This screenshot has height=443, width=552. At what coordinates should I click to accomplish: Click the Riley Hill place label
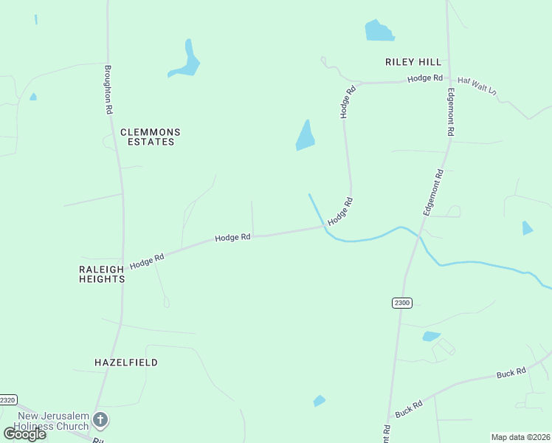point(413,62)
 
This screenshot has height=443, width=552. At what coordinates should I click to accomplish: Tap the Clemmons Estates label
point(150,137)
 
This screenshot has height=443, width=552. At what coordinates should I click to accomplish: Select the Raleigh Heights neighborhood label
point(102,275)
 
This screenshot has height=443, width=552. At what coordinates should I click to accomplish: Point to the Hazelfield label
point(126,363)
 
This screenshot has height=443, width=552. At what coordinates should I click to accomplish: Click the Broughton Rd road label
point(108,89)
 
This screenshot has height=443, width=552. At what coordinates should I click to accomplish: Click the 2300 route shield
point(401,303)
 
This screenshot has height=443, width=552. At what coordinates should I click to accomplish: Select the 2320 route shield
point(7,399)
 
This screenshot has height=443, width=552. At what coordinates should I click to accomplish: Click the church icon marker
point(100,421)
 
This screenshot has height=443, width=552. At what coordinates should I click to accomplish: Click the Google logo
point(24,433)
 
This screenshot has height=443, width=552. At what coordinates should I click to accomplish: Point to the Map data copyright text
point(520,437)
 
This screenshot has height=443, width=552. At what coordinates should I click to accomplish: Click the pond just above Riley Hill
point(379,31)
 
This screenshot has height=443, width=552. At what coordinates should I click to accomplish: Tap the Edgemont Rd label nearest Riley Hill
point(450,112)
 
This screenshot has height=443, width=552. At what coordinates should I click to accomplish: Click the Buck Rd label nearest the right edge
point(511,374)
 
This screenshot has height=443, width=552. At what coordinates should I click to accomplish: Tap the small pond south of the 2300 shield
point(431,337)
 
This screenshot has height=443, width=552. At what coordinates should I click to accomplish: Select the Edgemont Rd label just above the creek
point(432,192)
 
